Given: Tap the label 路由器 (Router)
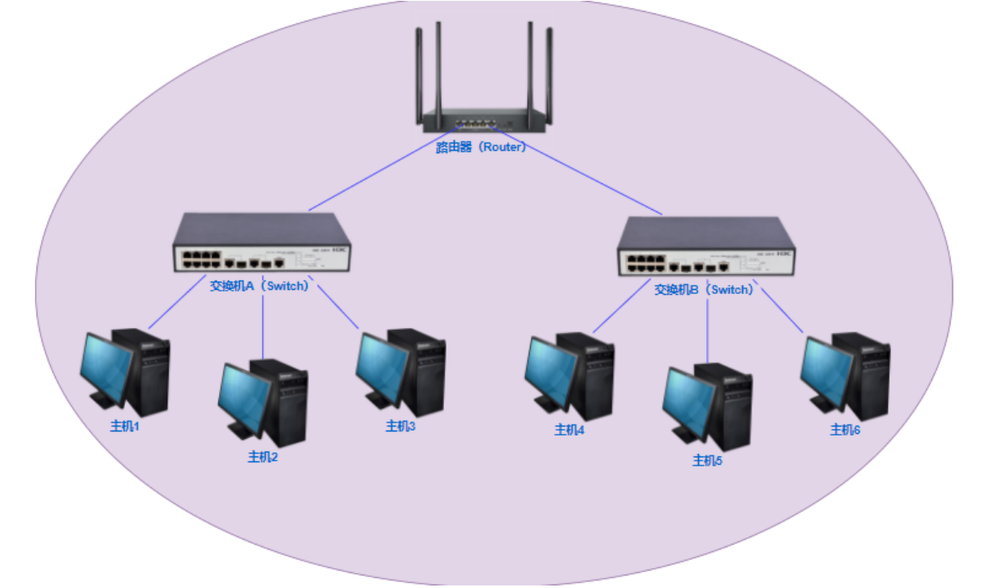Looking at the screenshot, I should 482,147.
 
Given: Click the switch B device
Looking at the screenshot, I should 705,247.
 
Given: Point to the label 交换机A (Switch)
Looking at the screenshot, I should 259,286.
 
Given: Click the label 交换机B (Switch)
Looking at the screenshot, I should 704,290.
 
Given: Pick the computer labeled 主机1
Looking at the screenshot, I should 126,372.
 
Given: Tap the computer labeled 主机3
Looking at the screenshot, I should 401,372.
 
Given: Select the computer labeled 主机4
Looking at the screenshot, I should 570,376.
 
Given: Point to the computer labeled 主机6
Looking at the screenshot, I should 845,375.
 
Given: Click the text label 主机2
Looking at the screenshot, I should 262,456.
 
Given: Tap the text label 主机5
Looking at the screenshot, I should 707,461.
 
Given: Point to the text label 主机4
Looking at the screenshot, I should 570,430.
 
